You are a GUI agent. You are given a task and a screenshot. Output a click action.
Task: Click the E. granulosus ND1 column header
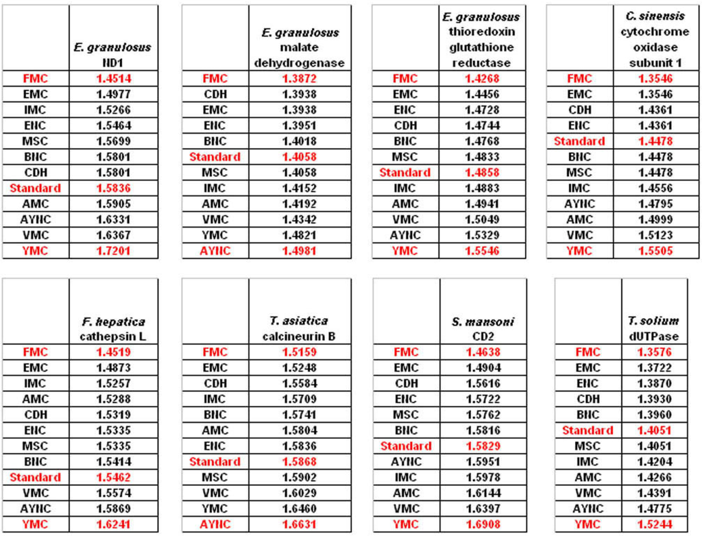pyautogui.click(x=112, y=55)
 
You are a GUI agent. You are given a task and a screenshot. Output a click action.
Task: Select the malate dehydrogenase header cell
pyautogui.click(x=300, y=47)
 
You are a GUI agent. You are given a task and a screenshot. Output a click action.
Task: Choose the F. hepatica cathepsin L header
pyautogui.click(x=112, y=329)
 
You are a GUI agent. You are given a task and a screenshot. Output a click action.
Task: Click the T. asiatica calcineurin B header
pyautogui.click(x=300, y=328)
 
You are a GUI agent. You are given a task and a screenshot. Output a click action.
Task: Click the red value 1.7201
pyautogui.click(x=113, y=251)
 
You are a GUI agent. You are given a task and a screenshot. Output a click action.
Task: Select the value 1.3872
pyautogui.click(x=300, y=79)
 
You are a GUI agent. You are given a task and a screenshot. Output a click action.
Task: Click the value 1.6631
pyautogui.click(x=300, y=525)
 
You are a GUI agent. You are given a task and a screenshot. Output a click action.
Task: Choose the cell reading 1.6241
pyautogui.click(x=113, y=525)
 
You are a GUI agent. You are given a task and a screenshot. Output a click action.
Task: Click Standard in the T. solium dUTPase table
pyautogui.click(x=588, y=430)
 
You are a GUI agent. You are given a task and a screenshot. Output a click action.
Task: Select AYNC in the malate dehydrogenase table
pyautogui.click(x=215, y=251)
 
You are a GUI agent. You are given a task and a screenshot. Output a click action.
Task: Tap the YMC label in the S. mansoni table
pyautogui.click(x=405, y=525)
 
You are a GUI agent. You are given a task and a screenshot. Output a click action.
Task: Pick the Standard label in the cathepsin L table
pyautogui.click(x=36, y=477)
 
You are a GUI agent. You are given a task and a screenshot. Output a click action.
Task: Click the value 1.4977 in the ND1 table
pyautogui.click(x=113, y=95)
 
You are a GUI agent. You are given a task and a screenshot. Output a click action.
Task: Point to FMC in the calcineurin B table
pyautogui.click(x=215, y=352)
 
